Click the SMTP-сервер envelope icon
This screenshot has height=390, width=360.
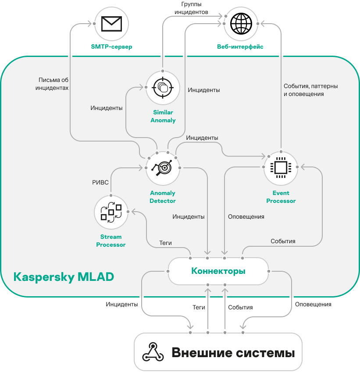[x=111, y=24]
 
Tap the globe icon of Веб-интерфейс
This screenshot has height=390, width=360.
[x=241, y=24]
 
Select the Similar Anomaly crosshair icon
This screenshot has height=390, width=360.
[x=163, y=87]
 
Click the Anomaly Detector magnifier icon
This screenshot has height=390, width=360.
[x=163, y=167]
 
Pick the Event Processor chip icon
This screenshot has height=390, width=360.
[x=281, y=167]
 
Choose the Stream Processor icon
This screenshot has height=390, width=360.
[x=111, y=212]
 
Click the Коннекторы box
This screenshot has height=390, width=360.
[x=218, y=271]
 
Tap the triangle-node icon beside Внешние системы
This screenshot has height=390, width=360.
[x=153, y=352]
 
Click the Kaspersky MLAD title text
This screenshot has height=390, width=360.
[x=64, y=277]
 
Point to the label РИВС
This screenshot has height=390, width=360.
[x=100, y=182]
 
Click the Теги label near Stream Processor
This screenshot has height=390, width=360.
[x=165, y=243]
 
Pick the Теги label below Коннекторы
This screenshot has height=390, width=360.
[x=199, y=307]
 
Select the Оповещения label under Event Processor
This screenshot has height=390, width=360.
[x=246, y=216]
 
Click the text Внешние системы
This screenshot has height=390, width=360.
[x=233, y=353]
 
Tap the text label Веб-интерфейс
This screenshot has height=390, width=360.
[x=240, y=47]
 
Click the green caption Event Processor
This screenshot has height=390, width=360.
[x=281, y=197]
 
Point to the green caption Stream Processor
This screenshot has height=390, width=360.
[x=110, y=241]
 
